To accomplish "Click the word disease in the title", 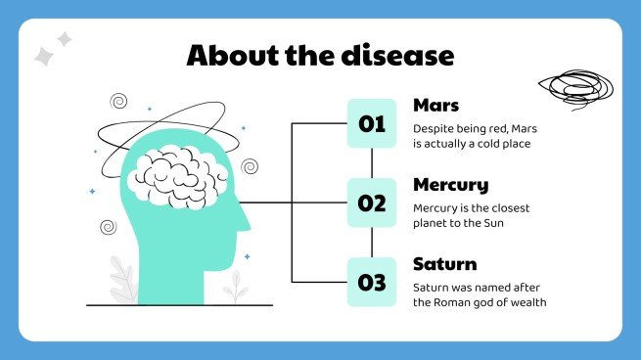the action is [397, 55].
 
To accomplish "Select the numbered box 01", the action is [372, 123].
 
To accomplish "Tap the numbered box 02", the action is [372, 202].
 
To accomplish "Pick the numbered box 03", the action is [372, 282].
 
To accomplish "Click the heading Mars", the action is [435, 106].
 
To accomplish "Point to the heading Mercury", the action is [451, 186].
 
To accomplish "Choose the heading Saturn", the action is [444, 264].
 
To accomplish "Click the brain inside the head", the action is [177, 177].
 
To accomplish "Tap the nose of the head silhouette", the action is [245, 221].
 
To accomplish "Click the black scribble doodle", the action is [576, 89].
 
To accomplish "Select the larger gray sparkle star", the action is [44, 57].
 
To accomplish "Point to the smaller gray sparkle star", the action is [65, 39].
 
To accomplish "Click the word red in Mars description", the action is [498, 129].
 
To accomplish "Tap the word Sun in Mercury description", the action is [494, 223].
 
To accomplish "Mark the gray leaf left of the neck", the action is [124, 281].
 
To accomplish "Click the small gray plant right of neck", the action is [236, 288].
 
